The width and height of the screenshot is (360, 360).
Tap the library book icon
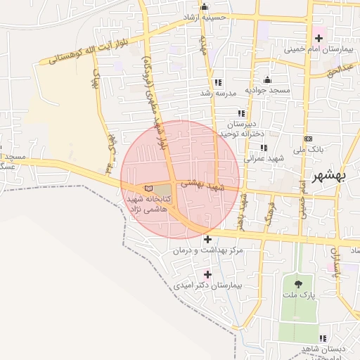148,188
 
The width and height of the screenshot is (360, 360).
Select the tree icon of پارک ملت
299,284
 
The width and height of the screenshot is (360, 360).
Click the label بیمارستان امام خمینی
316,51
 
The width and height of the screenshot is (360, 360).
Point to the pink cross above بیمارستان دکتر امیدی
207,274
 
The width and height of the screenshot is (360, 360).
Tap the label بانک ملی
307,150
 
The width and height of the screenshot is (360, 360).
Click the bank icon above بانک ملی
308,139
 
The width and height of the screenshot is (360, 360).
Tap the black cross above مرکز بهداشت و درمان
207,239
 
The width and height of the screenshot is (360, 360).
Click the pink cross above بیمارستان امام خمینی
318,37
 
